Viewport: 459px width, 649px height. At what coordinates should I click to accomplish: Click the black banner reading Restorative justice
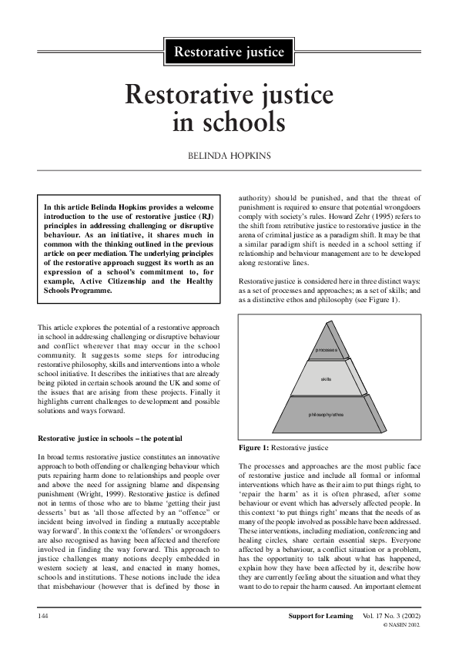229,52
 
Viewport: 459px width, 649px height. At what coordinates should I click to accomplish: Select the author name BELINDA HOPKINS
229,155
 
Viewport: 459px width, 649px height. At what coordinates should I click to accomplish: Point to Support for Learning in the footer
316,617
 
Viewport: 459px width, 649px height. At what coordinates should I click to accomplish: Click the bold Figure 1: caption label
257,448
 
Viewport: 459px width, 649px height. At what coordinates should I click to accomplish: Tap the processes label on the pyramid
327,351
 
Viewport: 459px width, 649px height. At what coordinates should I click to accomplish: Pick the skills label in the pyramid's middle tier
327,380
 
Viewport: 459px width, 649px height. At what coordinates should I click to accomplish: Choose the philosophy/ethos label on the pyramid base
327,415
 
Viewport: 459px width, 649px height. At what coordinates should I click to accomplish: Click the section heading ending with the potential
109,438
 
